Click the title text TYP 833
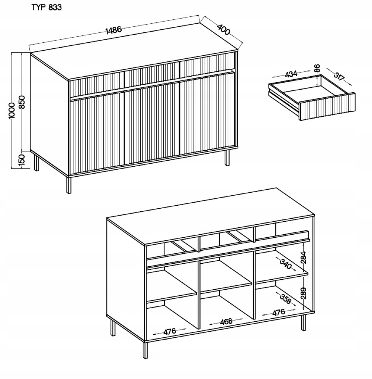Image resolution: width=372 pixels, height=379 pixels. (x=46, y=7)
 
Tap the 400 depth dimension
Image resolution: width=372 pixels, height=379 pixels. (x=223, y=29)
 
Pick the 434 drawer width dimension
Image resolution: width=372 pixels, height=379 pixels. (x=291, y=74)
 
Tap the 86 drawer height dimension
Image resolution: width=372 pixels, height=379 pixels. (x=317, y=68)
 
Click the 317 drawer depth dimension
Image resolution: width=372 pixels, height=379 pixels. (x=339, y=76)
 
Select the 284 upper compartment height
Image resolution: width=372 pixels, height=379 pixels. (x=304, y=257)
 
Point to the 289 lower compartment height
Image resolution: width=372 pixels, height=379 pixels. (x=304, y=293)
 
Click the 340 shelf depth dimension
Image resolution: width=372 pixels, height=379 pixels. (x=286, y=264)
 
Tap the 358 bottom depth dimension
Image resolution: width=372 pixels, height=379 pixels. (x=285, y=299)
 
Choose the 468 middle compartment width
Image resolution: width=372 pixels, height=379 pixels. (x=226, y=322)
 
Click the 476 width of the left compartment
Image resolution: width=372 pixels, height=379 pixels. (x=170, y=332)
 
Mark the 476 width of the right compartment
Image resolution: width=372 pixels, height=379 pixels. (x=279, y=312)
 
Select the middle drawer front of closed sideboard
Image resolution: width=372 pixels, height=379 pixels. (x=152, y=74)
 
